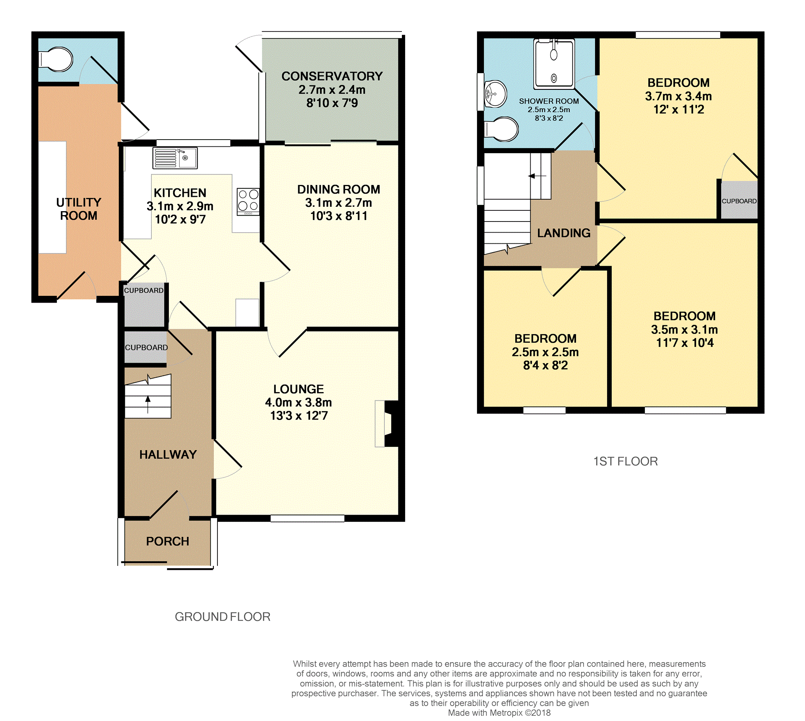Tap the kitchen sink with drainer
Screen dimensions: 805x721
pyautogui.click(x=175, y=158)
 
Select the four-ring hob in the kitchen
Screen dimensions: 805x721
pyautogui.click(x=248, y=202)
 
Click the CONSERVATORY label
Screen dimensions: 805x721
pyautogui.click(x=332, y=76)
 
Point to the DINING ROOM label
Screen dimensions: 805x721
pyautogui.click(x=339, y=189)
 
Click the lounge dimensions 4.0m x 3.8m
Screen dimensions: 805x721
pyautogui.click(x=299, y=402)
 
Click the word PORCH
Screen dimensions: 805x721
pyautogui.click(x=167, y=541)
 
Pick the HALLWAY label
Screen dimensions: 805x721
pyautogui.click(x=168, y=455)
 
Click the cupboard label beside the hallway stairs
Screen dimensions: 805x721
pyautogui.click(x=146, y=348)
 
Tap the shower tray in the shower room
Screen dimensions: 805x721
pyautogui.click(x=554, y=64)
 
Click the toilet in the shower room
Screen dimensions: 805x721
pyautogui.click(x=501, y=129)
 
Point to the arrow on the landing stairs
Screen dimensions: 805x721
pyautogui.click(x=537, y=176)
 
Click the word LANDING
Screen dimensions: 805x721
pyautogui.click(x=564, y=233)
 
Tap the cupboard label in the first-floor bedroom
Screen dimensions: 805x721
pyautogui.click(x=739, y=201)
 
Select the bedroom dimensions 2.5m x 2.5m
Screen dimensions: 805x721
pyautogui.click(x=545, y=352)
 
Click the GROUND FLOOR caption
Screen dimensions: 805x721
pyautogui.click(x=223, y=617)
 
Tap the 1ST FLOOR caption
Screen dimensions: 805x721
pyautogui.click(x=626, y=461)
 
